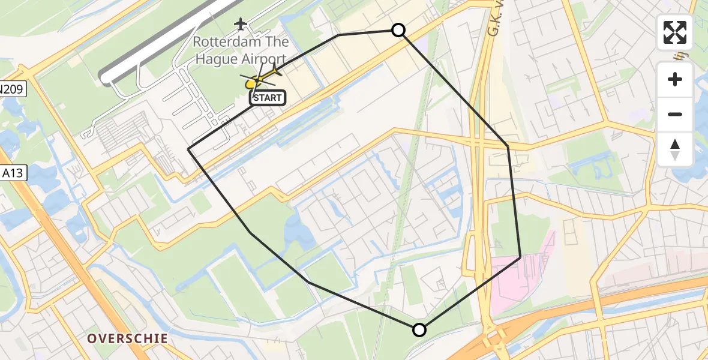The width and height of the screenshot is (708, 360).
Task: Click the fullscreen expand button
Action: point(675,32)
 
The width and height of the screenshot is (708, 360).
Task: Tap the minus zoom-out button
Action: point(675,114)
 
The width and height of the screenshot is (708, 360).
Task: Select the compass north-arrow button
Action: point(675,149)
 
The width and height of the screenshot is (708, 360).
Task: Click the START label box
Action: point(267,97)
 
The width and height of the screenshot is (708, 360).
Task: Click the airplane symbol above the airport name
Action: point(241,24)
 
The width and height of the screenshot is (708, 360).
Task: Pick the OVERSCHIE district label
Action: point(128,338)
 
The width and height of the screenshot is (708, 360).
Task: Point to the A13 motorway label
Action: point(12,173)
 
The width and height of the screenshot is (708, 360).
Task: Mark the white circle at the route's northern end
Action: point(398,30)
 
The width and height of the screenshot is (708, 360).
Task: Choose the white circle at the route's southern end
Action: point(419,329)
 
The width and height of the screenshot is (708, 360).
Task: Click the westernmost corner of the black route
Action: point(188,149)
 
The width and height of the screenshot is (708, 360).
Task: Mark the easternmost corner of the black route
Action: point(520,257)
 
